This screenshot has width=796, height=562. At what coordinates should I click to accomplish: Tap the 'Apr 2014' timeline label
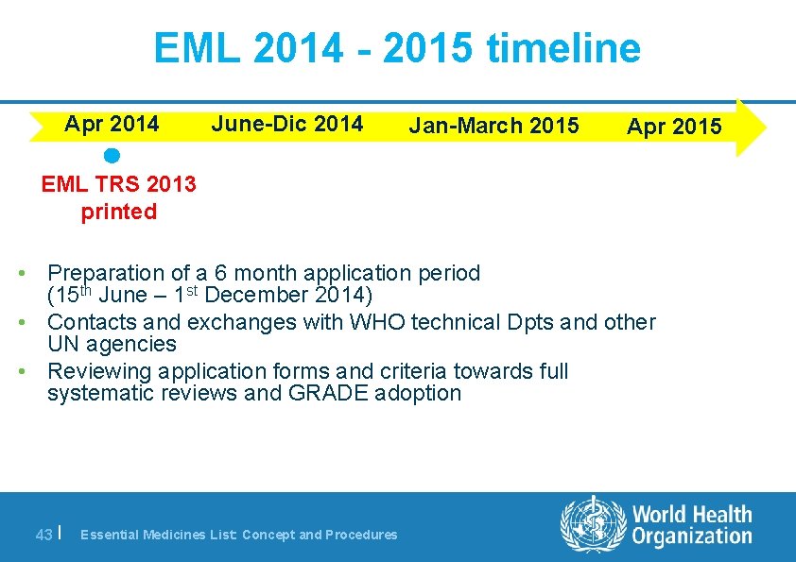tap(112, 124)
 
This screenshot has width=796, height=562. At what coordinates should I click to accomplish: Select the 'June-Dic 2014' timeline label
tap(287, 124)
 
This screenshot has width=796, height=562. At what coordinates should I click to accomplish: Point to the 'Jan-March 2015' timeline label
tap(494, 126)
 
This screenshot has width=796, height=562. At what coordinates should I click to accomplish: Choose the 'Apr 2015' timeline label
tap(674, 127)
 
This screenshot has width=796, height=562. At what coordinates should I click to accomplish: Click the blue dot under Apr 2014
tap(112, 155)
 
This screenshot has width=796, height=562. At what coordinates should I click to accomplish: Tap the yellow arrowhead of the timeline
tap(751, 127)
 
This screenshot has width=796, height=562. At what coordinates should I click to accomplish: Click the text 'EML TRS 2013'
tap(119, 184)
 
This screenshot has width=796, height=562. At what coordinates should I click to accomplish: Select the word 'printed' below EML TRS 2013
tap(119, 212)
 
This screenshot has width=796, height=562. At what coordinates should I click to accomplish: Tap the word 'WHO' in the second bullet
tap(375, 322)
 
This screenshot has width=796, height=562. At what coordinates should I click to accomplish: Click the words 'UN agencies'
tap(112, 345)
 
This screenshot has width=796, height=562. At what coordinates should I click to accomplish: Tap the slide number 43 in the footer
tap(43, 535)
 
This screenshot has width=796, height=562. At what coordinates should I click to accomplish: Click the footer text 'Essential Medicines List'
tap(158, 535)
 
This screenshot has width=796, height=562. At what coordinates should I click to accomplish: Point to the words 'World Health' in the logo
tap(691, 515)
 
